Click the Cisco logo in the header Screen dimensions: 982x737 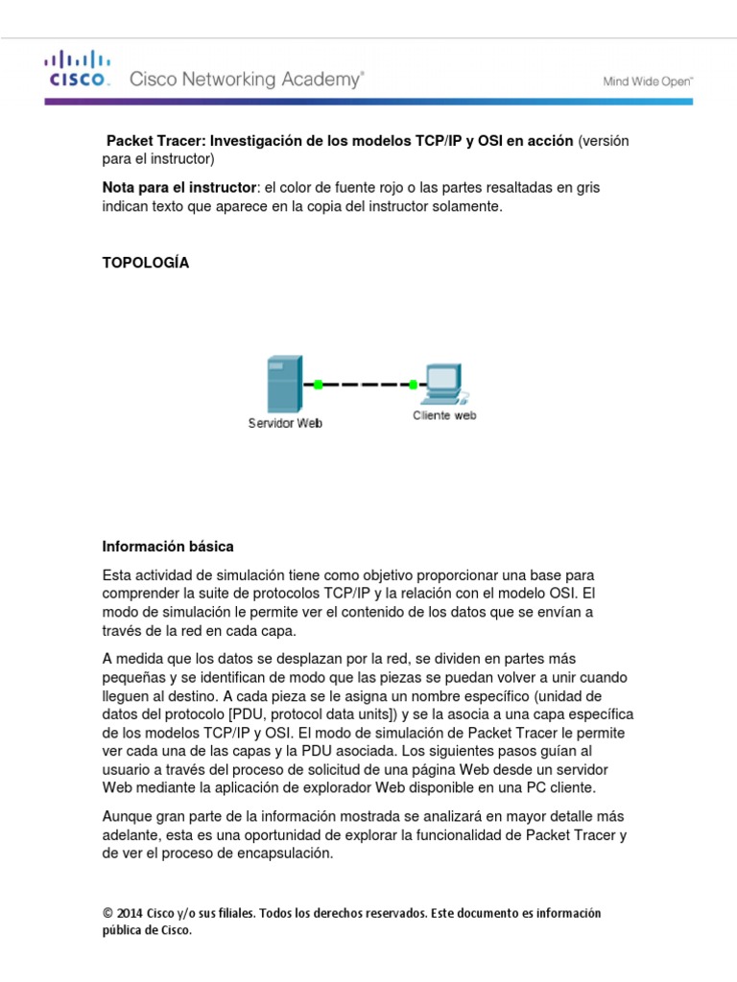[79, 70]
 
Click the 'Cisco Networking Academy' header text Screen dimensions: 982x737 [247, 81]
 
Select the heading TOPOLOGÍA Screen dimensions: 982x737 [146, 263]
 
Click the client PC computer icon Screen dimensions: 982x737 [444, 383]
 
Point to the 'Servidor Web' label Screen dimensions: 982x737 [285, 423]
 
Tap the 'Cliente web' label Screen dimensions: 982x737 [444, 415]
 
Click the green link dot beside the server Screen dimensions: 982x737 [317, 385]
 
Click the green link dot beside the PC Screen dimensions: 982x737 [413, 385]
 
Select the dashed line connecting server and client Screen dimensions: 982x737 [365, 385]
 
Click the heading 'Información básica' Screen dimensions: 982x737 [168, 546]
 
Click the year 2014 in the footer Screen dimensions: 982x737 [129, 913]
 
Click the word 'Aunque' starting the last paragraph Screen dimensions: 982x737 [127, 816]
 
